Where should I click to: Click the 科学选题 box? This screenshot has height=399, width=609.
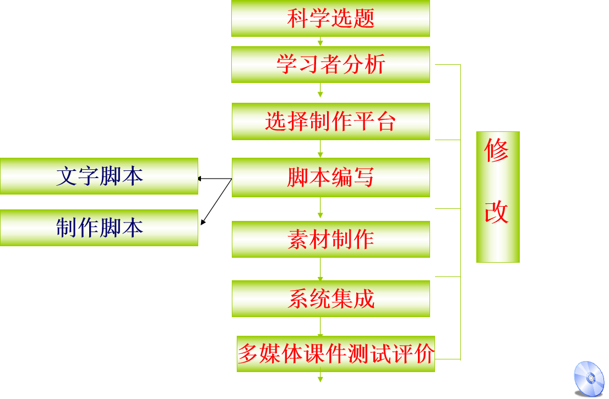[x=330, y=18]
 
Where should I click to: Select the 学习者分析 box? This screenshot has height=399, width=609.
[x=330, y=64]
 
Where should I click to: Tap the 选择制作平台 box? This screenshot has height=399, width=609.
[x=330, y=121]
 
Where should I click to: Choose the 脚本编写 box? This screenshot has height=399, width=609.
[x=330, y=177]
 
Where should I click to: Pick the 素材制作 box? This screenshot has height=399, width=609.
[x=330, y=239]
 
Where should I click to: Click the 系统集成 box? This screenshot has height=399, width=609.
[x=330, y=298]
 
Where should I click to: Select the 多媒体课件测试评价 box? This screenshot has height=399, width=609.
[x=336, y=353]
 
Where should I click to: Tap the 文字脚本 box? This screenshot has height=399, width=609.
[x=99, y=176]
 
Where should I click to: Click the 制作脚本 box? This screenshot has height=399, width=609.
[x=99, y=227]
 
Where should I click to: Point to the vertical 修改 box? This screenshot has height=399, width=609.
[x=498, y=197]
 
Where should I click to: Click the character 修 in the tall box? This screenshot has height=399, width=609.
[x=497, y=151]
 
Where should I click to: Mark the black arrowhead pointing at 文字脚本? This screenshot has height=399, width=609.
[x=201, y=179]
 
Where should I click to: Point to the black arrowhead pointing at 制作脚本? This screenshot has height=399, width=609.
[x=203, y=222]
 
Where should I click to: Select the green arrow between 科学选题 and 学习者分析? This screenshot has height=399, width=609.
[x=320, y=41]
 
